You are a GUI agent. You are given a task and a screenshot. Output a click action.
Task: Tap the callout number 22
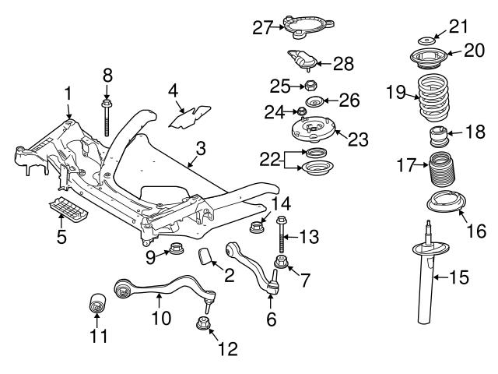270,159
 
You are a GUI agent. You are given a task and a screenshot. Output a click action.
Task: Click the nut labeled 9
175,250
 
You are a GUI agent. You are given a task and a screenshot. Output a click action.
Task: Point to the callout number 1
68,93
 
